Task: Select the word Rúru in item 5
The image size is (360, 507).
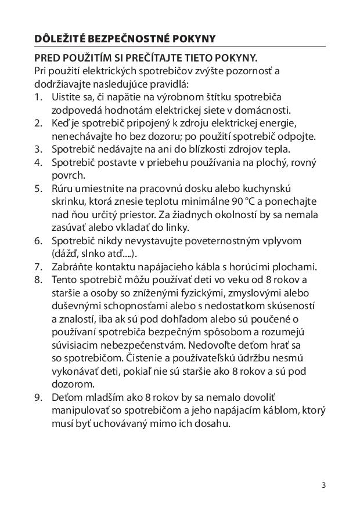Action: [x=63, y=188]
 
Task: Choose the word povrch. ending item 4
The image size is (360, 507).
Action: [x=67, y=175]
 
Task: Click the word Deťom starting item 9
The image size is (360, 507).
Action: [x=66, y=398]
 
